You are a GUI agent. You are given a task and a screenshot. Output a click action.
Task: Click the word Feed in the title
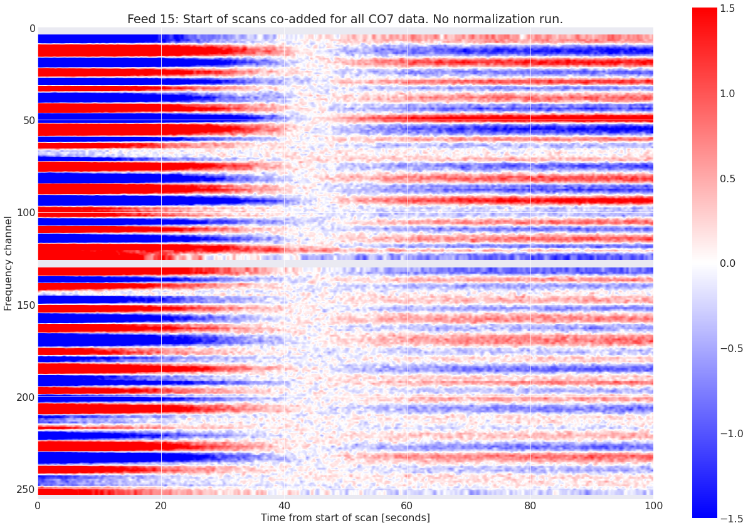140,19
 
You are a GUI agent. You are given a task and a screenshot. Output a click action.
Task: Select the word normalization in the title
478,19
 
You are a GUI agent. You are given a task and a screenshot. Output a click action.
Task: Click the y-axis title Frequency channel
8,263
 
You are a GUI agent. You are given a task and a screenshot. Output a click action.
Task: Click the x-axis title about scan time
345,518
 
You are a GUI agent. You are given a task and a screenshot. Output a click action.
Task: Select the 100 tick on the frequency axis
26,212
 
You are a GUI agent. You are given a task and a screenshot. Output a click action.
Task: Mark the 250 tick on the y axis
26,489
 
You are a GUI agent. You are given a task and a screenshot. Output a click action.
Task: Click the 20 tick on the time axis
161,505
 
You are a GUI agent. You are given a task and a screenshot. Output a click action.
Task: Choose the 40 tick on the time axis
284,505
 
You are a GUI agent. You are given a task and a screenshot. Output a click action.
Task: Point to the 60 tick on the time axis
407,505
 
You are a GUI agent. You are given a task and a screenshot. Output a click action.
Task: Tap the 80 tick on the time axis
530,505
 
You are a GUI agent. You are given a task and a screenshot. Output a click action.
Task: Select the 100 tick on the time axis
653,505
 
